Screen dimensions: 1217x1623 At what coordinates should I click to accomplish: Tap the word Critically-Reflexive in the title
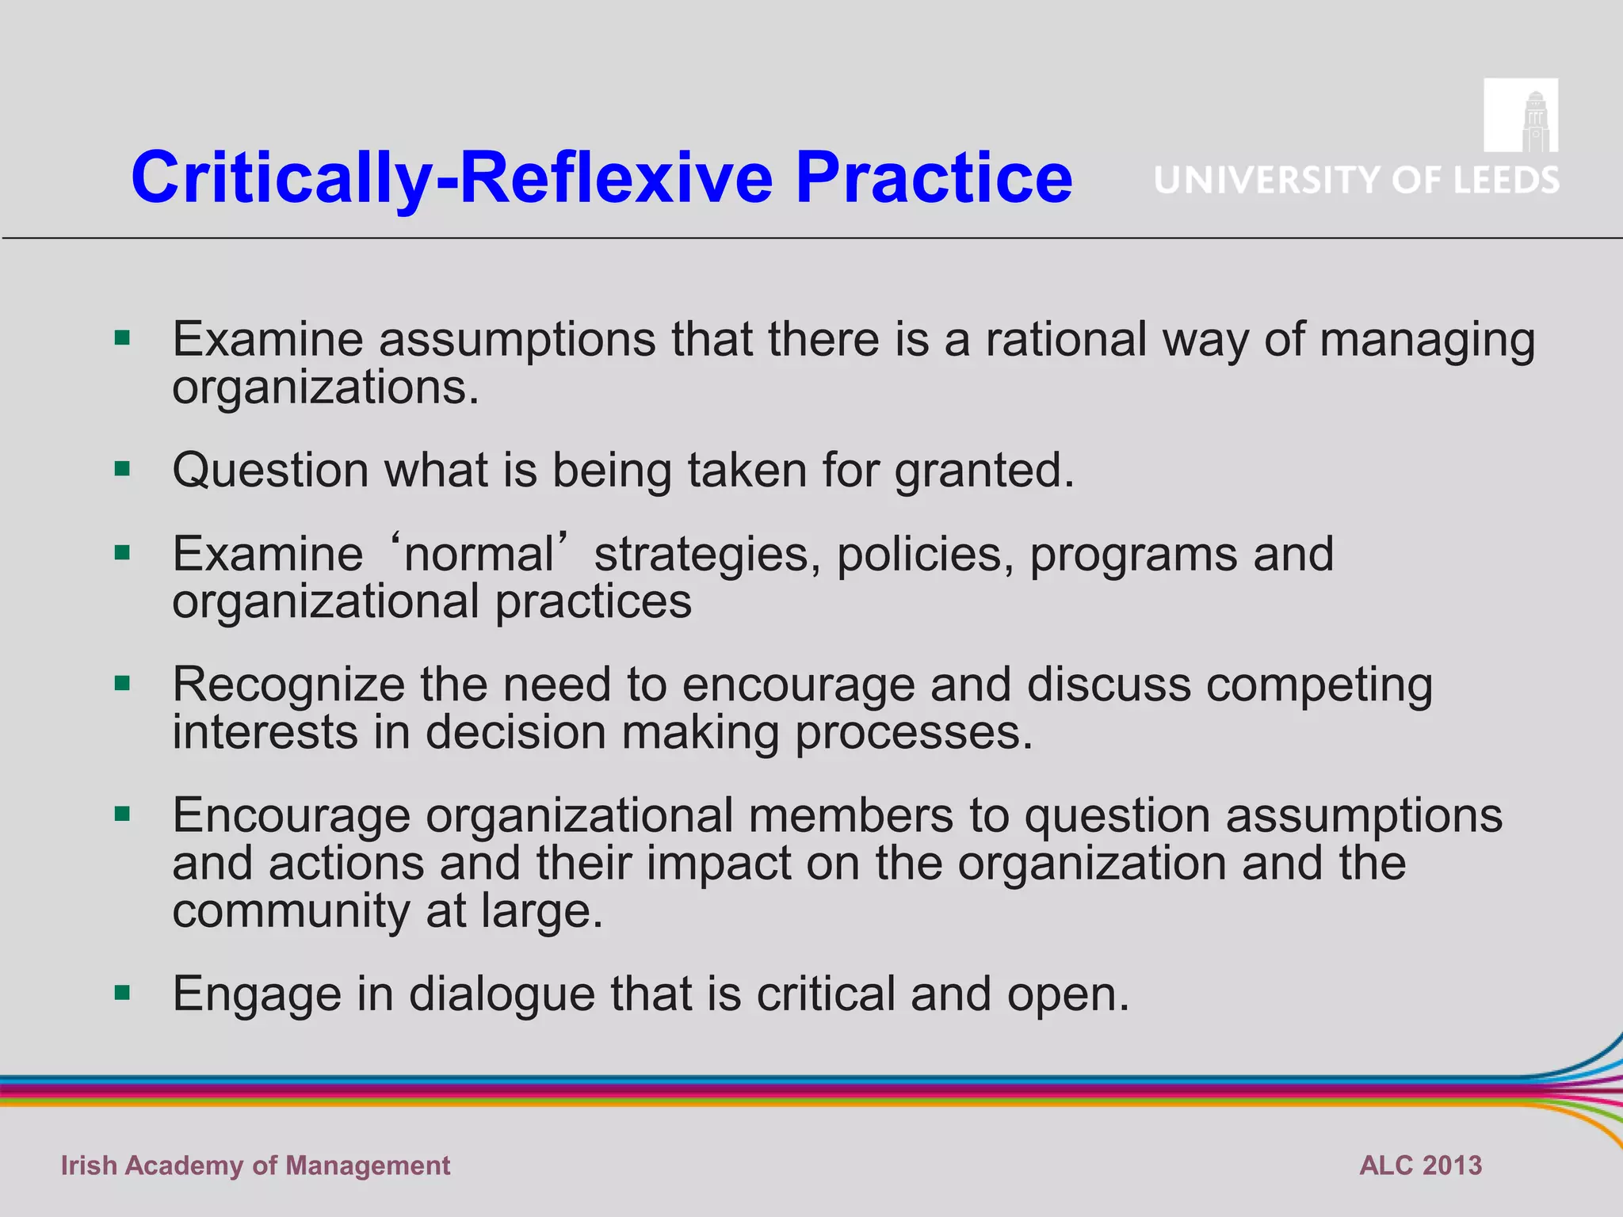coord(452,179)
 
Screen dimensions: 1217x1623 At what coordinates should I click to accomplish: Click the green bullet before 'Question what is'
coord(122,469)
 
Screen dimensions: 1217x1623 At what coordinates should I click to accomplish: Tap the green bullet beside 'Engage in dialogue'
coord(122,992)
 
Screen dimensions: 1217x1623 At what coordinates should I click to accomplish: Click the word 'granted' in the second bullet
coord(983,471)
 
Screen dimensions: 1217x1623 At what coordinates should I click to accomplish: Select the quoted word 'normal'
coord(479,553)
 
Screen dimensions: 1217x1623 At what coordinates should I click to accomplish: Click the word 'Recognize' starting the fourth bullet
coord(288,685)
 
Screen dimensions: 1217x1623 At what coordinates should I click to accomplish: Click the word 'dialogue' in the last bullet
coord(502,994)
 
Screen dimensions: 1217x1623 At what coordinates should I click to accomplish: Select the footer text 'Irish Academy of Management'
coord(255,1165)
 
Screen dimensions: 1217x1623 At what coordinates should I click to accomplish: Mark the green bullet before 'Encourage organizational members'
coord(122,814)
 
